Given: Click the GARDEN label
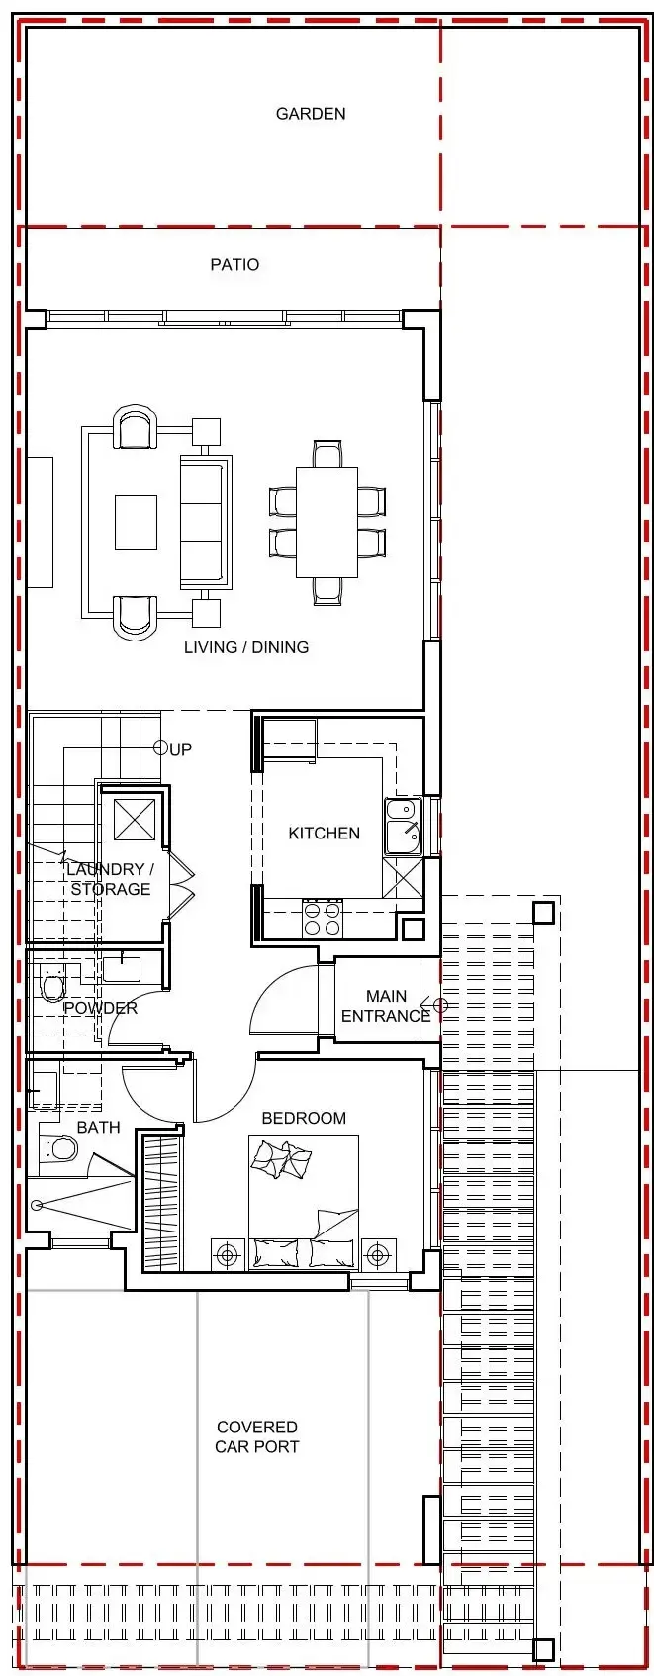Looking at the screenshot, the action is click(311, 114).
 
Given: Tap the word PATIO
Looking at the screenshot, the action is click(234, 265).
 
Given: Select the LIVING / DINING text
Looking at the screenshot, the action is click(246, 648).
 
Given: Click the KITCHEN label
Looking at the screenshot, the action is click(325, 834).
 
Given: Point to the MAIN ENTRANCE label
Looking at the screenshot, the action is click(386, 1007).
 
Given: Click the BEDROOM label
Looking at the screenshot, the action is click(304, 1118).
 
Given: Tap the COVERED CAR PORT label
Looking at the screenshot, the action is click(257, 1437).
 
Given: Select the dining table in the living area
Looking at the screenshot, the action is click(327, 523).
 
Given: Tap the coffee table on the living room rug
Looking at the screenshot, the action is click(136, 523).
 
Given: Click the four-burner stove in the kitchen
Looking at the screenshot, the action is click(323, 919).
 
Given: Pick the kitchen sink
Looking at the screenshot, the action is click(403, 827).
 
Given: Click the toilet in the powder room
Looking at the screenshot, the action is click(53, 986).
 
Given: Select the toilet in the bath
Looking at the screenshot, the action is click(58, 1149).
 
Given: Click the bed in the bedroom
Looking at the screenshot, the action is click(304, 1203).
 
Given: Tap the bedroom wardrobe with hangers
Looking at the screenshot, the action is click(162, 1204).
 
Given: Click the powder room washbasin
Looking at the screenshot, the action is click(121, 969).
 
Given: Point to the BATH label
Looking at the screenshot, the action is click(99, 1127).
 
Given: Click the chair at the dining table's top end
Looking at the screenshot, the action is click(327, 454).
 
